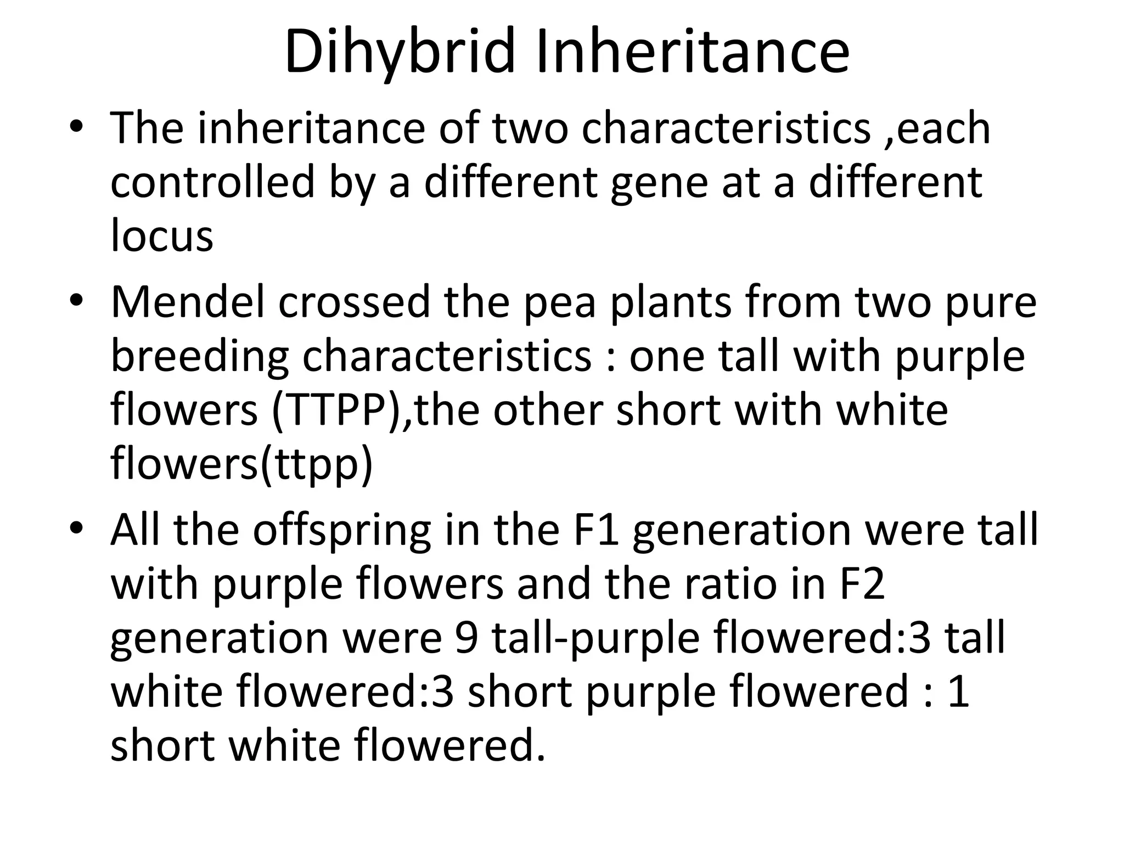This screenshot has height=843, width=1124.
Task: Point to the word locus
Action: (x=161, y=235)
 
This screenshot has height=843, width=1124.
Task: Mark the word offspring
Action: (x=341, y=531)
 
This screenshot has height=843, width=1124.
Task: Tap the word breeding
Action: (x=199, y=357)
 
